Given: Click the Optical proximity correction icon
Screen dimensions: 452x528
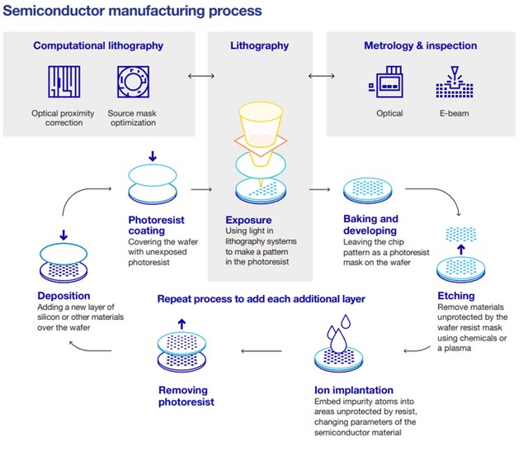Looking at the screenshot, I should click(63, 81).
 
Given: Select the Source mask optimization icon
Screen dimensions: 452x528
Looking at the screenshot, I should click(133, 81).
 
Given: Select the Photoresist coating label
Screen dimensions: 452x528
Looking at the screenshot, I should click(157, 225).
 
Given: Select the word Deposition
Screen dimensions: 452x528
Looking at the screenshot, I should click(67, 296).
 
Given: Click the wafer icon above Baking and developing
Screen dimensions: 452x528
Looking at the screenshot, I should click(368, 188).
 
